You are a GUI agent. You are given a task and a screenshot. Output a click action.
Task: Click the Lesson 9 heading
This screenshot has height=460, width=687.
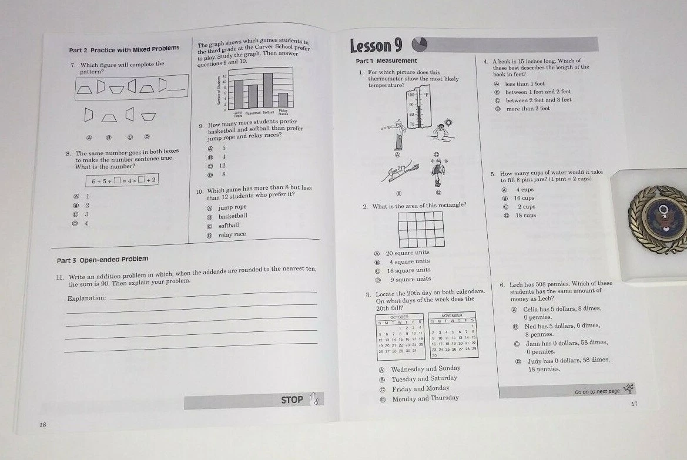pos(376,46)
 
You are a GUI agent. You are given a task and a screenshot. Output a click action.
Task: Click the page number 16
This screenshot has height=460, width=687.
pos(43,425)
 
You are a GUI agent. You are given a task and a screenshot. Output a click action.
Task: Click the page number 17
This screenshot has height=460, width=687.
pos(634,404)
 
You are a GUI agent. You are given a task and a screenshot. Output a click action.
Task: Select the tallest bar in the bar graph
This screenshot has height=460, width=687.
pos(268,90)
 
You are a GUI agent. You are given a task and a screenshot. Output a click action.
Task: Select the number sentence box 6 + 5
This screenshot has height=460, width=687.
pos(123,180)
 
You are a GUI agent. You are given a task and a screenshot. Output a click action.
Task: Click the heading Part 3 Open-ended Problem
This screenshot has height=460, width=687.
pos(102,259)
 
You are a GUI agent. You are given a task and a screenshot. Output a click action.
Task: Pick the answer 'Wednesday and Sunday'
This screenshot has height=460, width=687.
pos(425,369)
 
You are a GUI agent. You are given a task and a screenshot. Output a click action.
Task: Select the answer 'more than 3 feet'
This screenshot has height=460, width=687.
pos(527,109)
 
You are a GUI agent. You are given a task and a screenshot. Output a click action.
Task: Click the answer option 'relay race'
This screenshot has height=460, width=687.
pos(232,234)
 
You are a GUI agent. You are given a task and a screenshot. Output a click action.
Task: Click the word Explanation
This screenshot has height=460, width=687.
pos(86,298)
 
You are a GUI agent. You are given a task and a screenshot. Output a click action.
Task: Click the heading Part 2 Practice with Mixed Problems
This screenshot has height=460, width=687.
pos(125,49)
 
